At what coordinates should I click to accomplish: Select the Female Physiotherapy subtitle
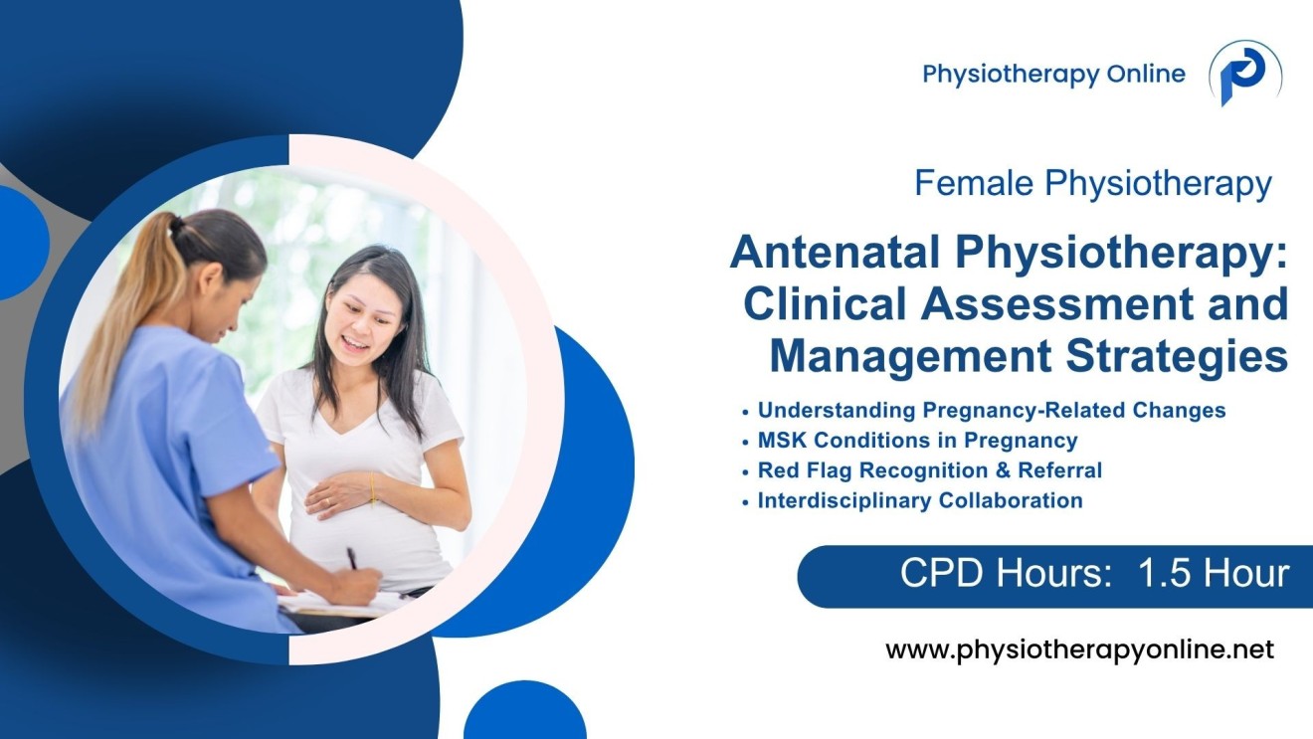point(1092,184)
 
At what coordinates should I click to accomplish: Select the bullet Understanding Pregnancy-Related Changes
point(991,410)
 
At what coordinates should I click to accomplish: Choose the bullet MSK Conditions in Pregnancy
point(917,440)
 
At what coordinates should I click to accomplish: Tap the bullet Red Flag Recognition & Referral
point(929,469)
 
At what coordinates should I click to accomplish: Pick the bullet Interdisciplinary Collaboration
point(919,500)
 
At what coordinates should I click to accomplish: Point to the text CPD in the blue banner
point(935,575)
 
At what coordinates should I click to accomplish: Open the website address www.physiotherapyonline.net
point(1079,650)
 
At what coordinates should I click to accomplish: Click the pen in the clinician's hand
point(352,559)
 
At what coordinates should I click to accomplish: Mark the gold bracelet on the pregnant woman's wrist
point(372,489)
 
